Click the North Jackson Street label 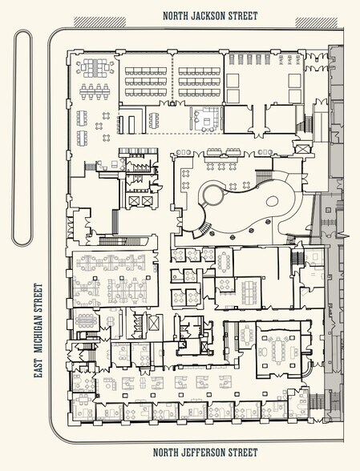point(210,16)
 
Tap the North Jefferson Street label point(205,453)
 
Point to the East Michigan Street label point(38,331)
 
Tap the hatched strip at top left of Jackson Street point(100,22)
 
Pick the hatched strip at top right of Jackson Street point(317,22)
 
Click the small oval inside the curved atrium point(272,200)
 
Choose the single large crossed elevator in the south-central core point(153,324)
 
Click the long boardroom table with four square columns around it point(279,350)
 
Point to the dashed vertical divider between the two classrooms point(172,78)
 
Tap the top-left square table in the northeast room point(233,80)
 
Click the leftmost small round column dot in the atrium point(212,233)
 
